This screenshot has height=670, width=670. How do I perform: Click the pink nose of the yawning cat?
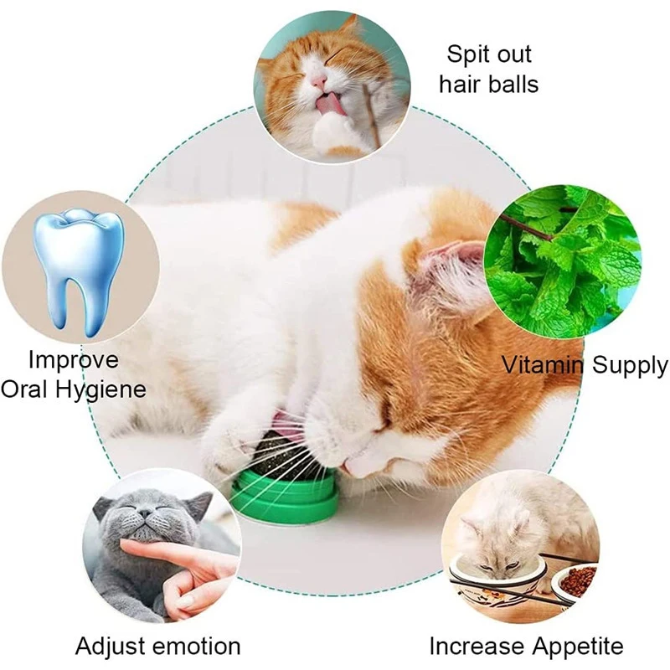tap(318, 80)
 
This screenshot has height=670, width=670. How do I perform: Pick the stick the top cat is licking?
tap(371, 116)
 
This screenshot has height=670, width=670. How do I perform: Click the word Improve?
tap(74, 361)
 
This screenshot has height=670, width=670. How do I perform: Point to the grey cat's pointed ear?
tap(200, 505)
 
